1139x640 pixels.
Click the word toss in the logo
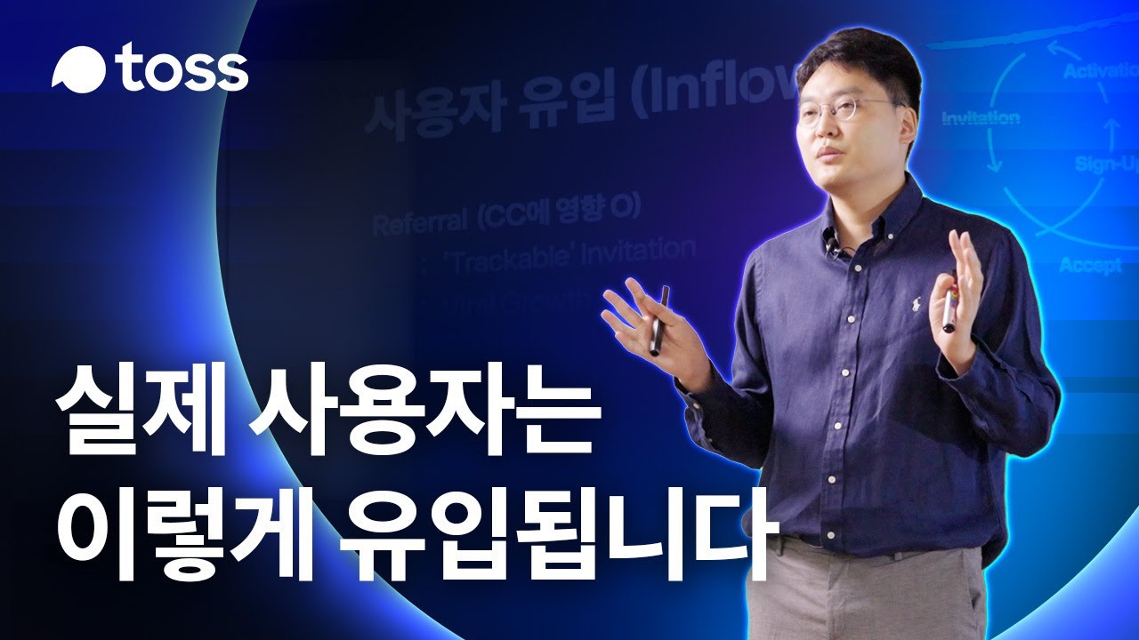[182, 69]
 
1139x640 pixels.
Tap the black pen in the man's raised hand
[659, 320]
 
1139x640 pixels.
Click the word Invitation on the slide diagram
[981, 118]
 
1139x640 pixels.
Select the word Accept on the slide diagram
[1090, 265]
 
